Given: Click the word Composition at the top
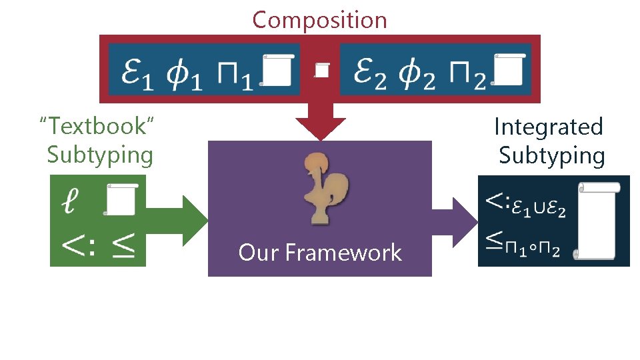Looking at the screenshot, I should click(x=319, y=20).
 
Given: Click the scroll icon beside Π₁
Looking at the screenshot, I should click(x=276, y=70).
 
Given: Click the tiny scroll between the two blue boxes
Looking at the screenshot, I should click(x=322, y=69).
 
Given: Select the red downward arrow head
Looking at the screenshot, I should click(x=321, y=127).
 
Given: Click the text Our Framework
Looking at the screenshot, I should click(x=320, y=253).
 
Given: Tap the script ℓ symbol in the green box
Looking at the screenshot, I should click(x=72, y=200).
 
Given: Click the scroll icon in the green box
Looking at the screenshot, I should click(x=120, y=199).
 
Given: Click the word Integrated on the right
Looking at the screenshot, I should click(x=548, y=127).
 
